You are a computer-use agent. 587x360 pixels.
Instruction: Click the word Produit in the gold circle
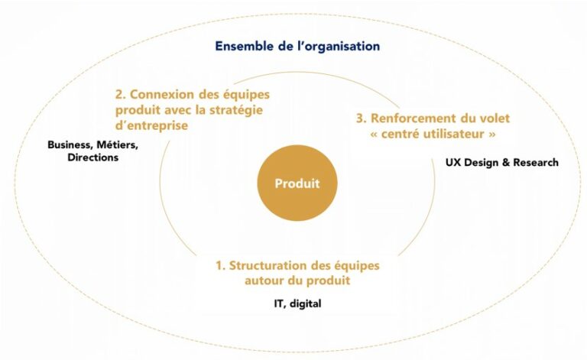point(297,183)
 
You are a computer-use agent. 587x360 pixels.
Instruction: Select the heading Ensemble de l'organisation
point(297,46)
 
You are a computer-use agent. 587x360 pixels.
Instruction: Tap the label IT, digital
point(297,303)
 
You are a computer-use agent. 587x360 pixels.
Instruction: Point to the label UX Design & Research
point(502,162)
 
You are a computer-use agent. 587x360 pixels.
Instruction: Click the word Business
point(69,145)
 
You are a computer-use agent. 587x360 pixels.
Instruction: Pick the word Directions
point(92,157)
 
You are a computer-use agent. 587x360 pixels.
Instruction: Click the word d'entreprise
point(151,125)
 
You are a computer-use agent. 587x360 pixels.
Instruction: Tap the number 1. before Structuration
point(220,266)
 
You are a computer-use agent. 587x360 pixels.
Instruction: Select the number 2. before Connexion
point(121,94)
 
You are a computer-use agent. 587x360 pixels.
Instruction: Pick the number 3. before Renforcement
point(362,118)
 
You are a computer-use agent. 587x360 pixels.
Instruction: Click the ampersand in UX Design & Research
point(506,162)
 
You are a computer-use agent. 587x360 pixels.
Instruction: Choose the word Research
point(536,162)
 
